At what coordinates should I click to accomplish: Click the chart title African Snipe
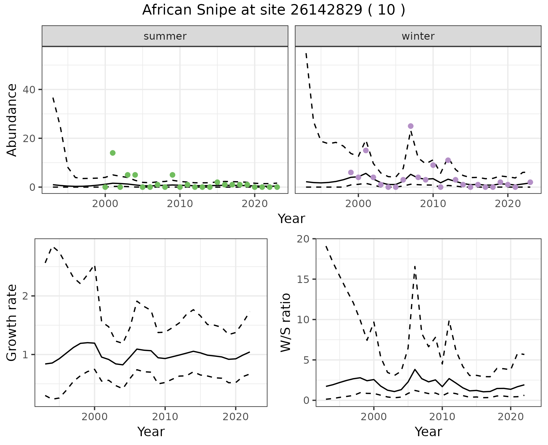(273, 10)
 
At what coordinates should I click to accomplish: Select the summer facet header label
(165, 36)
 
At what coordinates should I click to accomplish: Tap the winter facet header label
(418, 36)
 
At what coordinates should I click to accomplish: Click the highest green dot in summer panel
(113, 153)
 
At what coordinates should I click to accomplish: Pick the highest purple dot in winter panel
(411, 126)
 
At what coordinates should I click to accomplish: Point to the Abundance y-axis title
(12, 120)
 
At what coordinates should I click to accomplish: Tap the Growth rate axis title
(12, 322)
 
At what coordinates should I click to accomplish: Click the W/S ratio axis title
(285, 322)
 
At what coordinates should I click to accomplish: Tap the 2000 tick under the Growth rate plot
(94, 417)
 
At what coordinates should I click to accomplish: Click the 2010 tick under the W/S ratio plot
(442, 417)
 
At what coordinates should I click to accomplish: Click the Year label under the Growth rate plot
(151, 432)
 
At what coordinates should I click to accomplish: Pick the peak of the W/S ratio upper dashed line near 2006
(415, 266)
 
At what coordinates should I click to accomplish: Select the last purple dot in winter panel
(530, 182)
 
